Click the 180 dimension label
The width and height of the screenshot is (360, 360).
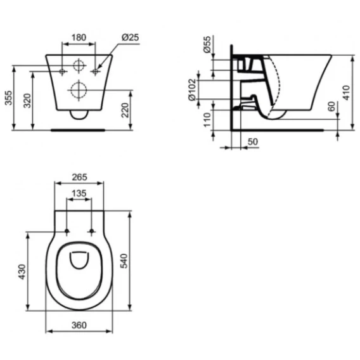coord(79,37)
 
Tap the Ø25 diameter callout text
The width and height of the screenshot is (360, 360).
coord(130,37)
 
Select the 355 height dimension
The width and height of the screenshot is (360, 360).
coord(8,98)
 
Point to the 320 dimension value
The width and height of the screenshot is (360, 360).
coord(27,101)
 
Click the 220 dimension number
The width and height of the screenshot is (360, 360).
coord(125,110)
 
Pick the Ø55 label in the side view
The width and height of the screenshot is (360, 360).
coord(207,44)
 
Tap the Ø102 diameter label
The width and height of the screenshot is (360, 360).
coord(192,90)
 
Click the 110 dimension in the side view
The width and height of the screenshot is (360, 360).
coord(207,120)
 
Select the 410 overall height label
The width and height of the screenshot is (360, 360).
coord(346,93)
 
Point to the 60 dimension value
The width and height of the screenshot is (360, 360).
coord(331,106)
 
